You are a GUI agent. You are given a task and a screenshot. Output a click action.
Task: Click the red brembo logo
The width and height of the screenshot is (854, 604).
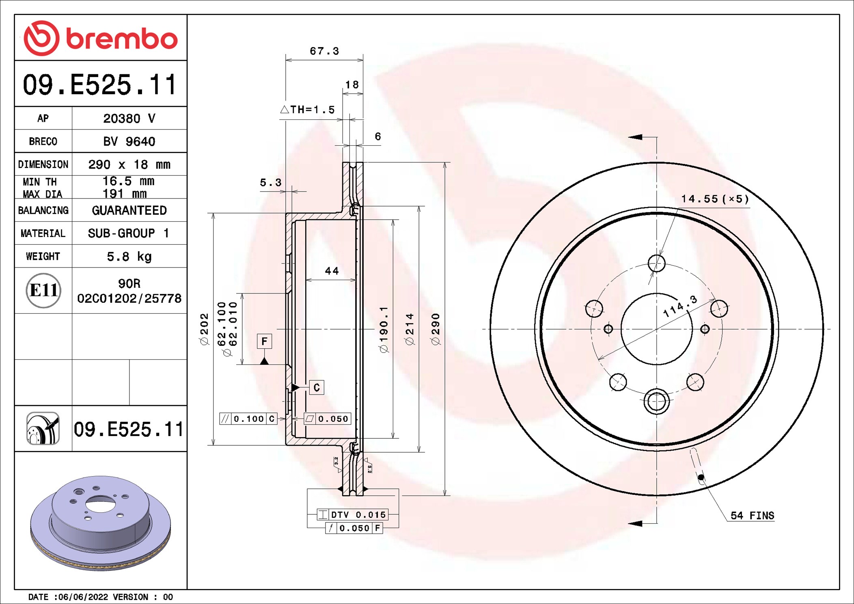(100, 38)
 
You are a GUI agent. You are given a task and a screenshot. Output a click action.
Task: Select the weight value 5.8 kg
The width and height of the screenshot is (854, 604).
(129, 257)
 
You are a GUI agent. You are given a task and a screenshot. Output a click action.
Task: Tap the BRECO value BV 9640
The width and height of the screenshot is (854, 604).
(129, 142)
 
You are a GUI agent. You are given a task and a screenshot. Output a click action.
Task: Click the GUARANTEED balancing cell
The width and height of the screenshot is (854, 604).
(129, 210)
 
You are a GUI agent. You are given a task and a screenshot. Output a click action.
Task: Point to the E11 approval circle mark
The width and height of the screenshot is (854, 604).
(43, 290)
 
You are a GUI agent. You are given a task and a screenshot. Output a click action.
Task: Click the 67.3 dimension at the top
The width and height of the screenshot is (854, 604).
(324, 51)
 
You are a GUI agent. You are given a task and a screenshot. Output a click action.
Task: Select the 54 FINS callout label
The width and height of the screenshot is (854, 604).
(752, 516)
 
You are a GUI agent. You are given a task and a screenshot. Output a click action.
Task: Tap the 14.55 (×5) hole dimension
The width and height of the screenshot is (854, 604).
(714, 199)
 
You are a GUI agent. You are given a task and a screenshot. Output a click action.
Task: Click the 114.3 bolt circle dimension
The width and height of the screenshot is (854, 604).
(680, 306)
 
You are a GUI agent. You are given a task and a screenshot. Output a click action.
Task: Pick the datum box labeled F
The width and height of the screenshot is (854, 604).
(264, 341)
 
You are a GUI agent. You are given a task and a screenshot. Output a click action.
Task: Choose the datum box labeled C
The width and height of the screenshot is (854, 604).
(317, 388)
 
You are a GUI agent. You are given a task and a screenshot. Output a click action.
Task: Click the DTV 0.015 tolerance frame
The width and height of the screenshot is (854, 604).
(353, 515)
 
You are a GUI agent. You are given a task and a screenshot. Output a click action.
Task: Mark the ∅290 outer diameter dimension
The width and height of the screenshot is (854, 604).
(436, 329)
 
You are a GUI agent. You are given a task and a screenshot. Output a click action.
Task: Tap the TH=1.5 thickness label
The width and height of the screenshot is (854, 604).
(308, 110)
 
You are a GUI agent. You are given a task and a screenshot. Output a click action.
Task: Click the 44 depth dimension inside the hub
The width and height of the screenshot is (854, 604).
(332, 271)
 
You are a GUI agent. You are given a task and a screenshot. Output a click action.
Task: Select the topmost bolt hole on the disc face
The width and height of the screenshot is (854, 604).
(656, 263)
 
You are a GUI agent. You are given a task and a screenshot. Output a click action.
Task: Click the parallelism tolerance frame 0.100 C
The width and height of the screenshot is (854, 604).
(248, 418)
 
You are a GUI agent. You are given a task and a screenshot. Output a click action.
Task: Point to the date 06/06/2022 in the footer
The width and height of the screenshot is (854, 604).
(83, 597)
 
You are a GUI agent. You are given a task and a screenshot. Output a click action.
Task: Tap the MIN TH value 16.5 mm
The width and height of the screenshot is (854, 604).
(128, 181)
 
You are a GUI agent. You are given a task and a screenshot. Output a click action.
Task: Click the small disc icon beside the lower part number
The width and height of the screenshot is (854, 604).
(43, 429)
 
